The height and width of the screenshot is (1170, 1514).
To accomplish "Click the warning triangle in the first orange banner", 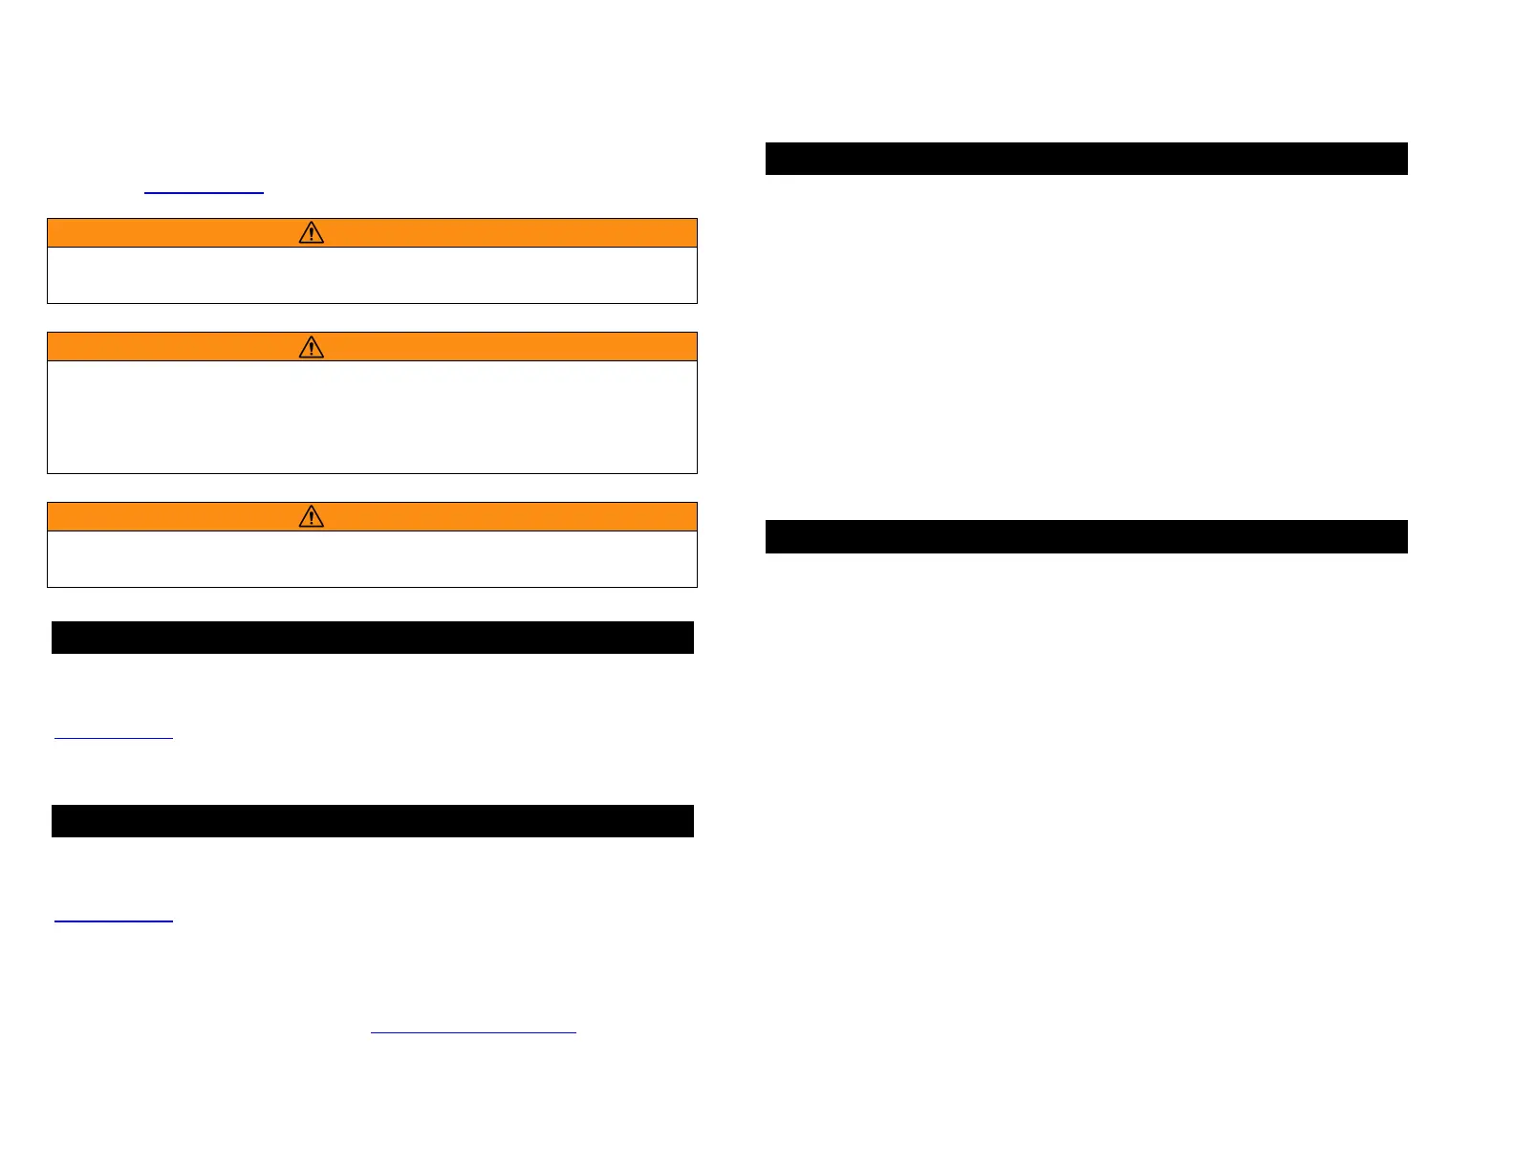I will [312, 232].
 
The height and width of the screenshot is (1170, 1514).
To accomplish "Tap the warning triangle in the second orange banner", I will [312, 346].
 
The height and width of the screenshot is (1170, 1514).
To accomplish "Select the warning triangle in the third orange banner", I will [312, 516].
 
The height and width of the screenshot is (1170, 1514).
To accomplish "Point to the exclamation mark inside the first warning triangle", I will [312, 234].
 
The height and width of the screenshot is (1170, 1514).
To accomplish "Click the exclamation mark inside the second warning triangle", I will [312, 348].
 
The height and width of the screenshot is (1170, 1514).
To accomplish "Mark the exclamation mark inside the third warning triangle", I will [312, 518].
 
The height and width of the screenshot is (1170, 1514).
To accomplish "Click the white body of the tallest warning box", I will [372, 417].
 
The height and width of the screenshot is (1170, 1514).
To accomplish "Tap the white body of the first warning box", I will [372, 275].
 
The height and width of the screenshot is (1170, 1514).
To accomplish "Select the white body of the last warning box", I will [372, 559].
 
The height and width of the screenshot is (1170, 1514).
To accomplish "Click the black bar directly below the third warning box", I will [372, 638].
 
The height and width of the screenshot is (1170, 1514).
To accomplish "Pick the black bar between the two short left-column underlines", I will [372, 821].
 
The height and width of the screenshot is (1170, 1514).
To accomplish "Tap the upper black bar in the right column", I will [1086, 159].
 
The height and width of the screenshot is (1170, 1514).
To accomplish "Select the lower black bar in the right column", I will [1086, 536].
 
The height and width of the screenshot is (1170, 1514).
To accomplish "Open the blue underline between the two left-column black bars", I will [114, 737].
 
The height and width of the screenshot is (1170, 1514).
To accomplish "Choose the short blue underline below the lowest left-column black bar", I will [114, 921].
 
